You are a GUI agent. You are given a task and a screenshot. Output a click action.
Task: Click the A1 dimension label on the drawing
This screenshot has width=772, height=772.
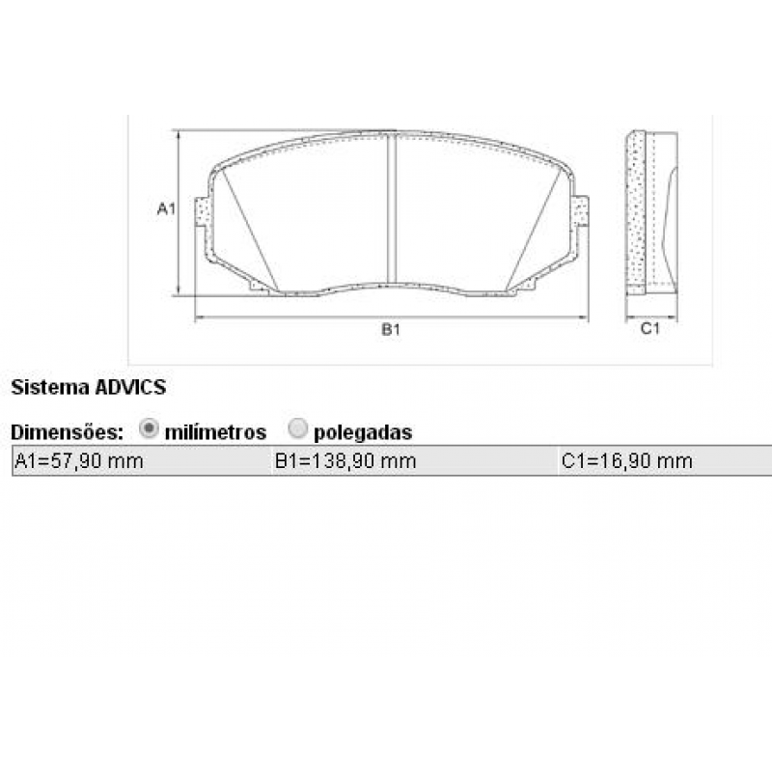click(166, 208)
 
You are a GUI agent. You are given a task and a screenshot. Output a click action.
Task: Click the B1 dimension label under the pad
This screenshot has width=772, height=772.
click(390, 329)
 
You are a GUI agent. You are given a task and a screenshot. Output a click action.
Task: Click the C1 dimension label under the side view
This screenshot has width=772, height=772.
click(650, 329)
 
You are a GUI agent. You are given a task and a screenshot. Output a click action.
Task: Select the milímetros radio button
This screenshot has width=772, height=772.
click(149, 428)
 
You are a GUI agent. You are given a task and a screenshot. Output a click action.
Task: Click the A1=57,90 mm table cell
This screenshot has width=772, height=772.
click(79, 461)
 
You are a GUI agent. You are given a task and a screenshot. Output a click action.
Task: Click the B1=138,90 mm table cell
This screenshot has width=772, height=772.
click(345, 461)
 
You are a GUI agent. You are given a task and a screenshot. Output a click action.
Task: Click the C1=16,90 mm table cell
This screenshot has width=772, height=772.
click(627, 461)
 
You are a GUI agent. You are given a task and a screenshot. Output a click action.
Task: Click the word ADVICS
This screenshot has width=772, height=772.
click(130, 388)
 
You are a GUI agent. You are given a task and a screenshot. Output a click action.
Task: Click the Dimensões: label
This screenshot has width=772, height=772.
click(67, 431)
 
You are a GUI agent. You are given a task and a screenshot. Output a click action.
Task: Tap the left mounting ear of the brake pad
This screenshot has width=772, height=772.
click(203, 212)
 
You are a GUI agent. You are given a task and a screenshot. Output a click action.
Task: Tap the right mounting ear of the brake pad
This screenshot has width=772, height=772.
click(580, 211)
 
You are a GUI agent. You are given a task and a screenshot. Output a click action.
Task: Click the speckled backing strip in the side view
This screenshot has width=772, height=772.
click(635, 212)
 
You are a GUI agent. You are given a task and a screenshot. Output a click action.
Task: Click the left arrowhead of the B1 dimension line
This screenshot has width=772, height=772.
click(199, 317)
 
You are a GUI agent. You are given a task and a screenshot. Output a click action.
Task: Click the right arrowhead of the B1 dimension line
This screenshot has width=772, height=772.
click(584, 317)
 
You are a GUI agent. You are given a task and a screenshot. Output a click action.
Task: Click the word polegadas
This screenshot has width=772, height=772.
click(363, 432)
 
